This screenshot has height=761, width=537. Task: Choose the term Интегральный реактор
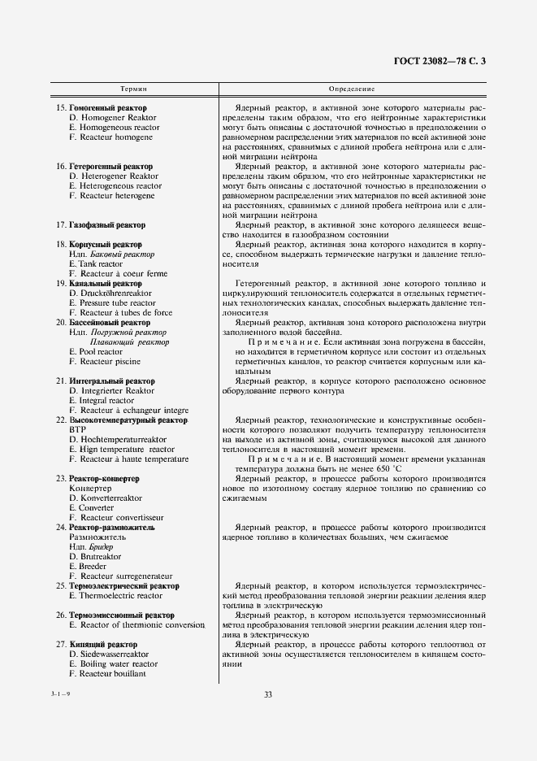[x=112, y=381]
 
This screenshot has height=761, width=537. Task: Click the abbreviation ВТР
[x=78, y=429]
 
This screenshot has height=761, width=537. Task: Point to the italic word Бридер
[x=101, y=547]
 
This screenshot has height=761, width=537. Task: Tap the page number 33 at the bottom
[x=268, y=694]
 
